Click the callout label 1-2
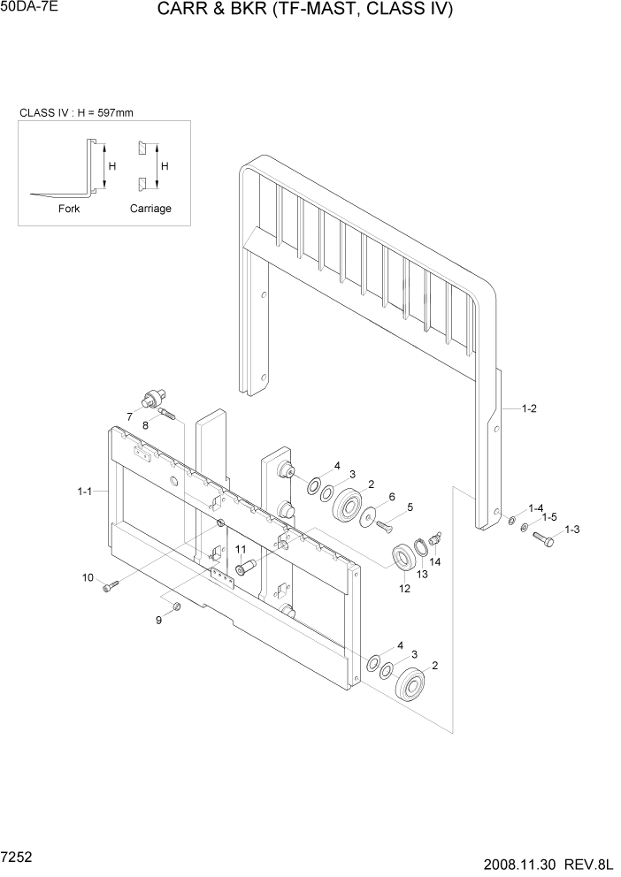[530, 408]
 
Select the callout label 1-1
[86, 491]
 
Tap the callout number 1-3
[571, 530]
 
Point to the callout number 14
[435, 561]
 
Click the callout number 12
[405, 589]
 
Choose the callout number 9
[159, 620]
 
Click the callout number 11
[240, 549]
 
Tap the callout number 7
[129, 416]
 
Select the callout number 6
[392, 498]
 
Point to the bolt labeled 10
[109, 586]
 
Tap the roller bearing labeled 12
[406, 559]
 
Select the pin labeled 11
[245, 565]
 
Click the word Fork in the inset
[69, 209]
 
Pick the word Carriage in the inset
[150, 209]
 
